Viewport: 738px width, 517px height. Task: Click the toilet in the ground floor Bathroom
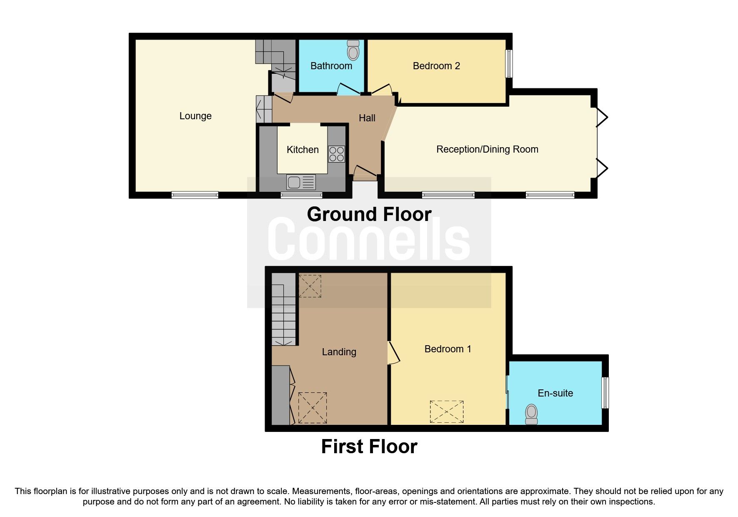(353, 51)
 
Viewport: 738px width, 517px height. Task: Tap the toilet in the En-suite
(531, 414)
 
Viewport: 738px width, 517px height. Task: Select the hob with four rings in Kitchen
(336, 153)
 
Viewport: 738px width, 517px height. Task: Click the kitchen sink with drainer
(301, 182)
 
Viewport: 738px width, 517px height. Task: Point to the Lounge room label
(195, 116)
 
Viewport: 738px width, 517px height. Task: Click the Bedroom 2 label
(436, 66)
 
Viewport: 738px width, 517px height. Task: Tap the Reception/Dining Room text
(487, 149)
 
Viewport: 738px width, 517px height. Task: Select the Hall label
(367, 118)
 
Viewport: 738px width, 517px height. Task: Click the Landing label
(339, 352)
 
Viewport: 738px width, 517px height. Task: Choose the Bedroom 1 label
(448, 349)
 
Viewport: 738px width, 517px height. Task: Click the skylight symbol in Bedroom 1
(447, 412)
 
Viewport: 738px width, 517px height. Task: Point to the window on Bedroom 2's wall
(509, 64)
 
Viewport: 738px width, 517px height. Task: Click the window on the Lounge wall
(195, 195)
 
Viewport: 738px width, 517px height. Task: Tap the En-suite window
(605, 393)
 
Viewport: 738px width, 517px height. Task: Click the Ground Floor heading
(369, 214)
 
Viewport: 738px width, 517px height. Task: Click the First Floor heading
(369, 447)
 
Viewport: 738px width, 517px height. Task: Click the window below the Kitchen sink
(301, 195)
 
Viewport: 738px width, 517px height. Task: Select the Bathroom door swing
(348, 89)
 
